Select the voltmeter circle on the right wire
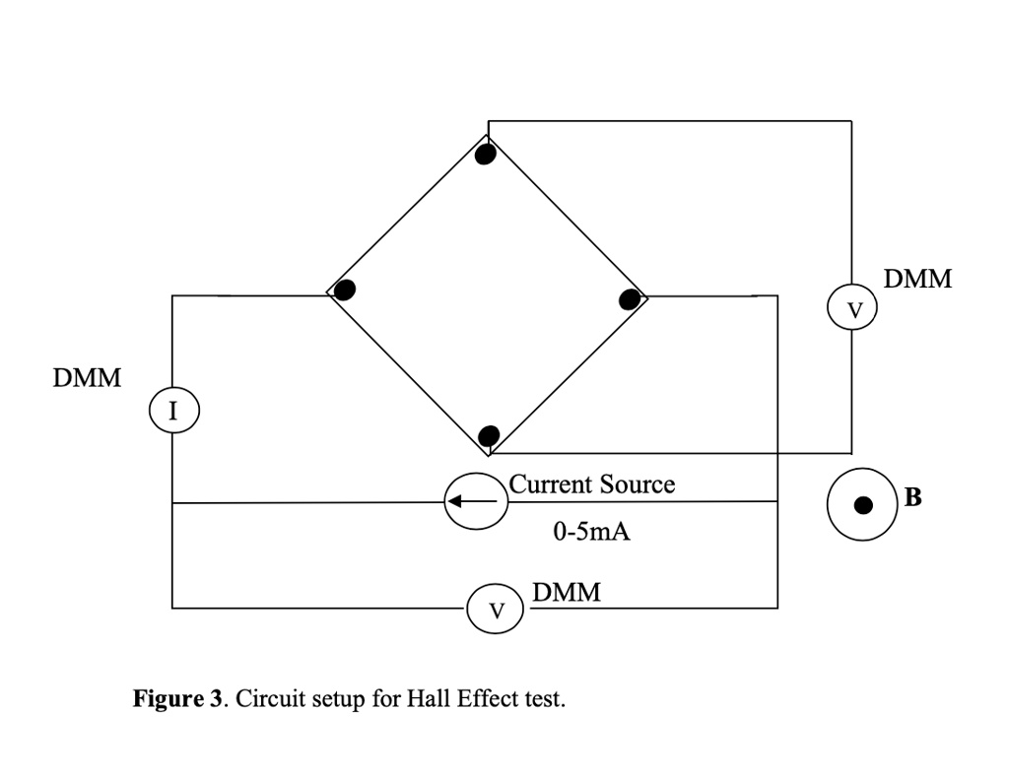point(853,309)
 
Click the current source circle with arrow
point(476,501)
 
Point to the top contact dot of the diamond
point(485,155)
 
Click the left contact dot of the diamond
point(344,290)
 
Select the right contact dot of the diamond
point(630,299)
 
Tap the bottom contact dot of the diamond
point(489,436)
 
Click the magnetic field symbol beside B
point(862,504)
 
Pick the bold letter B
point(913,497)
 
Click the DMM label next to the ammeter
point(89,378)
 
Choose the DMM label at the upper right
point(917,279)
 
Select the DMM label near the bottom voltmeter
point(566,593)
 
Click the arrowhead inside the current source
point(454,501)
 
